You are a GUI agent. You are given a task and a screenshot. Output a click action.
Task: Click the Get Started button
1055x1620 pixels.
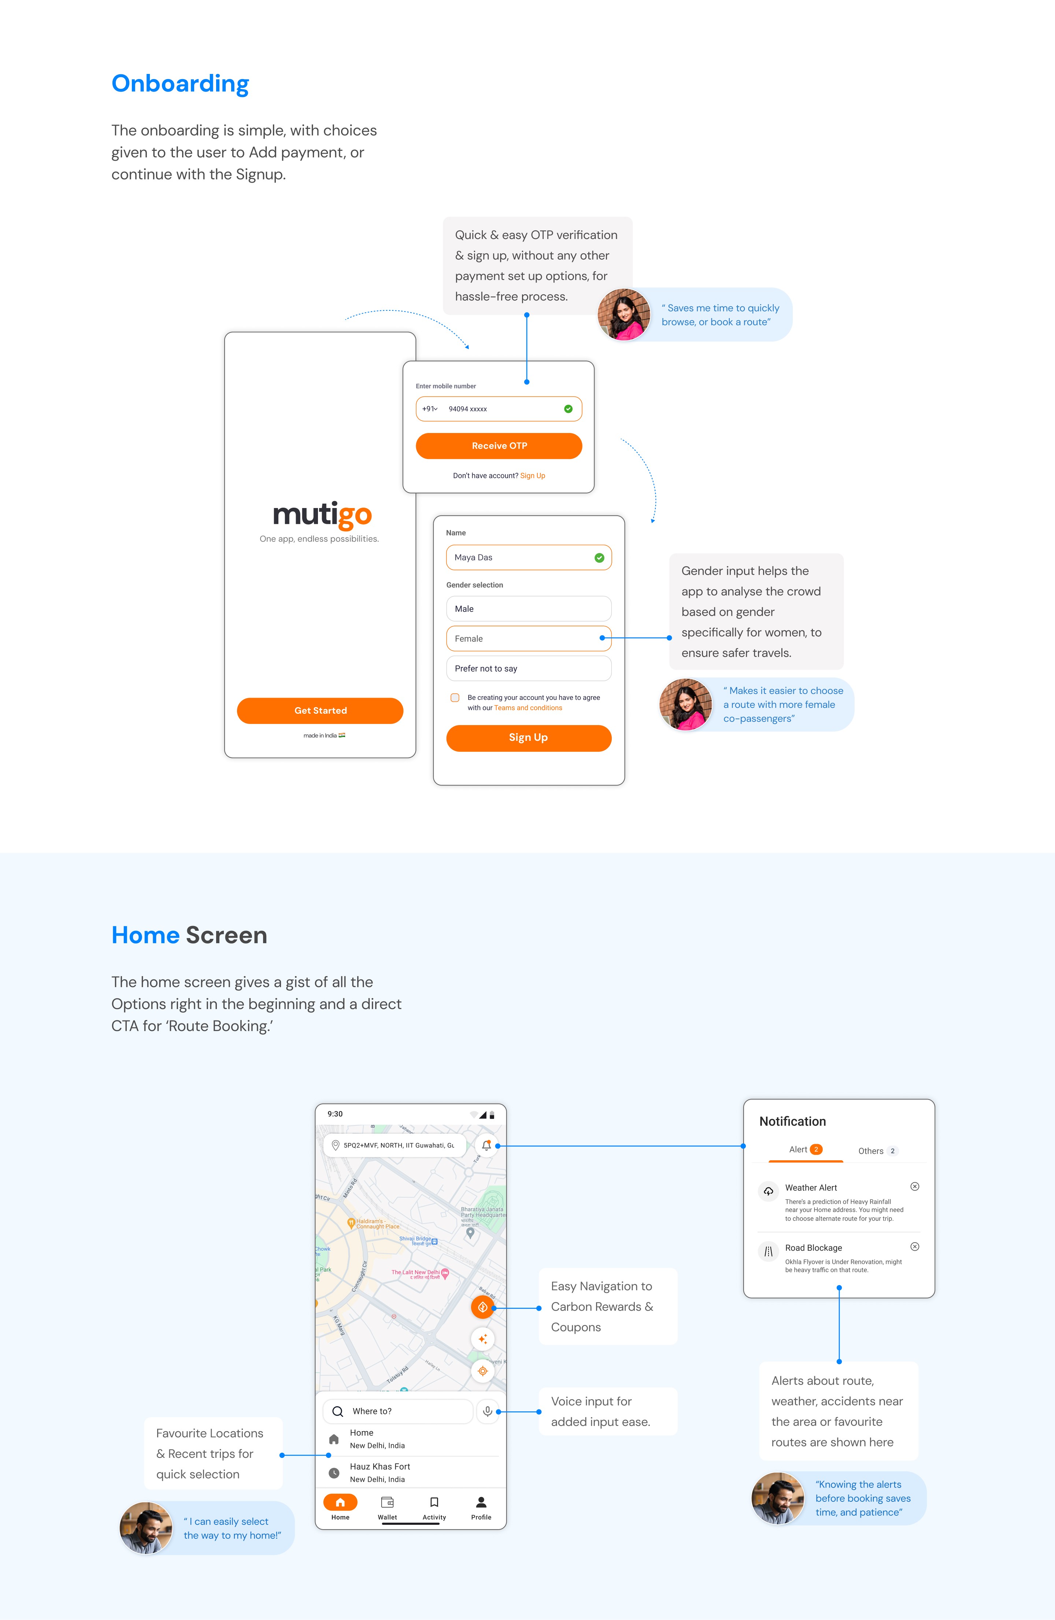tap(320, 710)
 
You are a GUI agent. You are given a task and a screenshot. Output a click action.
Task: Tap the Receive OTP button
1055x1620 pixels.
tap(499, 446)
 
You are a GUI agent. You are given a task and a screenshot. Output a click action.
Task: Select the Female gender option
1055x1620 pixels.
tap(529, 638)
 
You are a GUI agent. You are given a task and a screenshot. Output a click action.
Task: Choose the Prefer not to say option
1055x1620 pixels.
tap(529, 668)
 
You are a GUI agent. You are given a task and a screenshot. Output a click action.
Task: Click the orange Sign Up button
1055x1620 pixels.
tap(529, 738)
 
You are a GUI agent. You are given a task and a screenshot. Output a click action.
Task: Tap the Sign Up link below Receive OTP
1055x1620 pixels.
tap(533, 476)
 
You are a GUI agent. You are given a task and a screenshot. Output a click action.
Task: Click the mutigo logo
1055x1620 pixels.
tap(322, 515)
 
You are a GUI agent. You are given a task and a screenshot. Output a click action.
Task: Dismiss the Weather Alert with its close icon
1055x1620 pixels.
tap(915, 1186)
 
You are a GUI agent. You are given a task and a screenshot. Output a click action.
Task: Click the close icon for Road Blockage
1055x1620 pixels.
tap(915, 1246)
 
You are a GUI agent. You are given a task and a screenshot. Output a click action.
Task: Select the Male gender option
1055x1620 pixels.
tap(529, 609)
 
